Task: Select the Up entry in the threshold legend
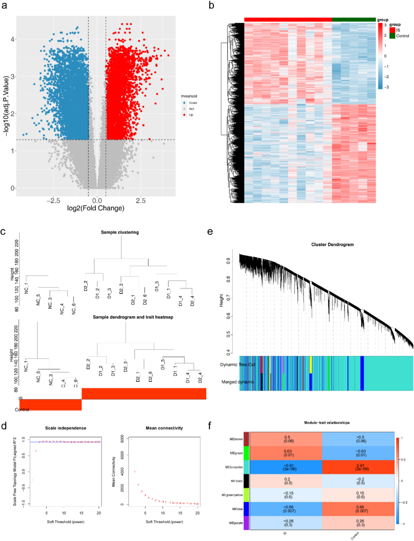pyautogui.click(x=191, y=115)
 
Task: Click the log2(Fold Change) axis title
pyautogui.click(x=96, y=208)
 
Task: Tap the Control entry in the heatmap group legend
pyautogui.click(x=402, y=36)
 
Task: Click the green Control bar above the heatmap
pyautogui.click(x=354, y=20)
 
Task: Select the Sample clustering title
pyautogui.click(x=120, y=232)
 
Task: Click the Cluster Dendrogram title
pyautogui.click(x=332, y=245)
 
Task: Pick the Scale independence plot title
pyautogui.click(x=66, y=428)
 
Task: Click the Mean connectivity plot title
pyautogui.click(x=164, y=428)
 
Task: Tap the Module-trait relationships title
pyautogui.click(x=327, y=423)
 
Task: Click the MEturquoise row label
pyautogui.click(x=234, y=467)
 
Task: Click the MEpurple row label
pyautogui.click(x=236, y=523)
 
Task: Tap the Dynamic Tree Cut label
pyautogui.click(x=238, y=365)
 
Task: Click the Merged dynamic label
pyautogui.click(x=238, y=382)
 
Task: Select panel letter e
pyautogui.click(x=210, y=231)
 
